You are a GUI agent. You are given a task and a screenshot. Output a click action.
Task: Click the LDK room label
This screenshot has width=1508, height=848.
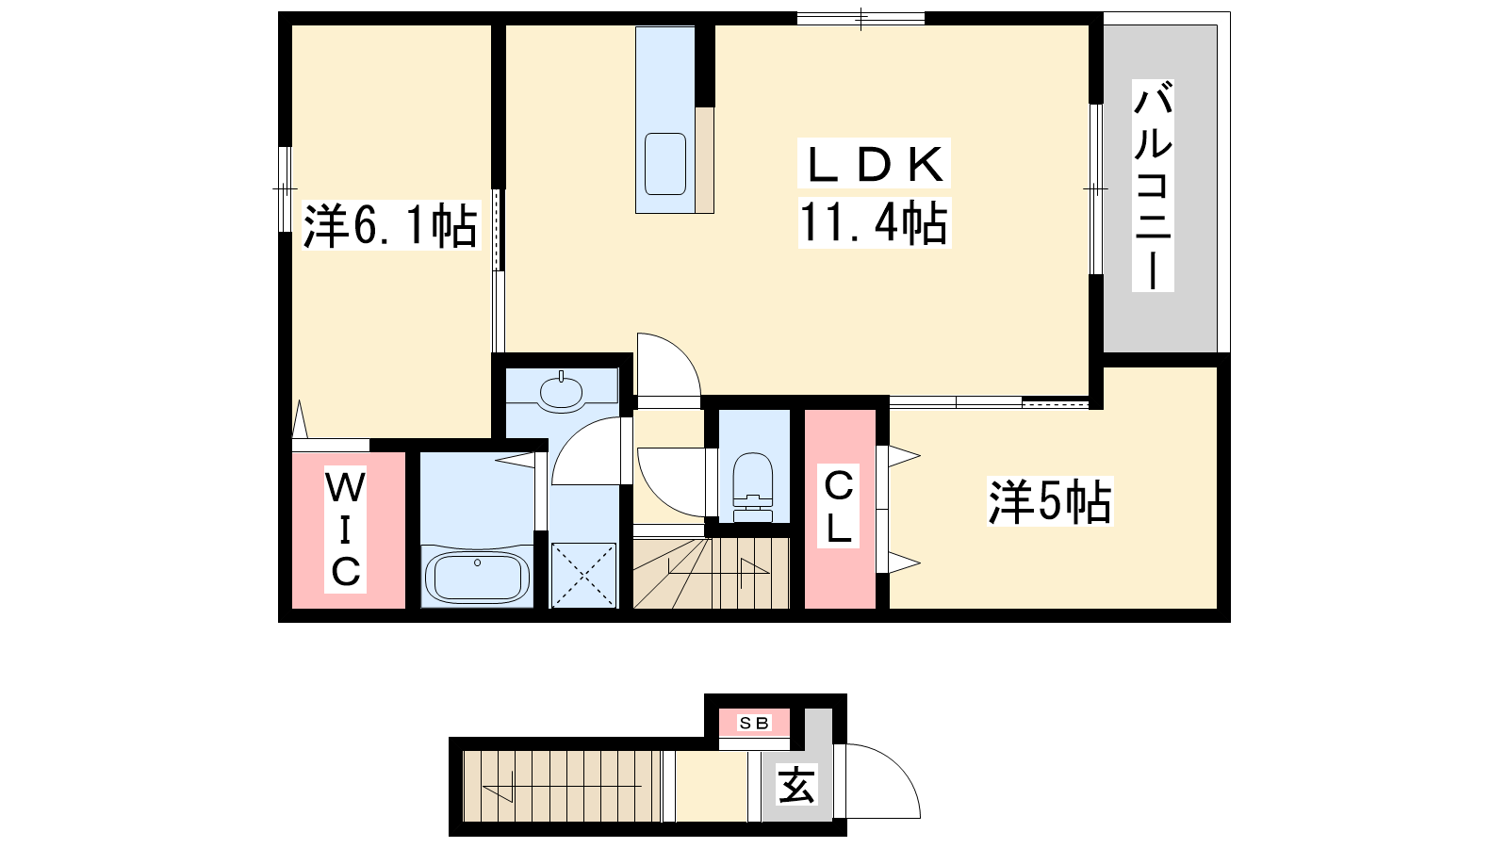coord(874,164)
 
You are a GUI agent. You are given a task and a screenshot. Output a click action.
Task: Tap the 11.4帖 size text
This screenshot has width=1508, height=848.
coord(874,222)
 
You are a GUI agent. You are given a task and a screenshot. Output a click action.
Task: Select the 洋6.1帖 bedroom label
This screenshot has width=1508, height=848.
coord(391,225)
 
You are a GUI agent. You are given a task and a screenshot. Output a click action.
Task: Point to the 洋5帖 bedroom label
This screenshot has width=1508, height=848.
coord(1050,501)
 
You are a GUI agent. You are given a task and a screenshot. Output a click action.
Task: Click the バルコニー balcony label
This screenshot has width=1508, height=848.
coord(1153,186)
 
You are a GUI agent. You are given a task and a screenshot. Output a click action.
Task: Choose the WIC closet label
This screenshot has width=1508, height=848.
coord(345,529)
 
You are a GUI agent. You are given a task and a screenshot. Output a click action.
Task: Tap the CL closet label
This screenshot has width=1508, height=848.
coord(838,506)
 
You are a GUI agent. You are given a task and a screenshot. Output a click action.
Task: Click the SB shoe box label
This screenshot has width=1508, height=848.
coord(754,724)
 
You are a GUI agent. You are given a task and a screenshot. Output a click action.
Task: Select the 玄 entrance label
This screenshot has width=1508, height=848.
coord(796,786)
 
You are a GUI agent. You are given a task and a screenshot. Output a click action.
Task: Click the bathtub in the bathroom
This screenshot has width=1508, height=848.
coord(477,577)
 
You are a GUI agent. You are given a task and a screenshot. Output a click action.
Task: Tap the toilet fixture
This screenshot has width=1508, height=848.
coord(753,487)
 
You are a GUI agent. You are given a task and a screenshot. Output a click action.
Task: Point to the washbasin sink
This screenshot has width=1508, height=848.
coord(561,391)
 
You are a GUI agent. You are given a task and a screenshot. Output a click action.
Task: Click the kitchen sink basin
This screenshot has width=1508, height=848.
coord(665,164)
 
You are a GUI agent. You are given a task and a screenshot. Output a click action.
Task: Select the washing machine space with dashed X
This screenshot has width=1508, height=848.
coord(583,576)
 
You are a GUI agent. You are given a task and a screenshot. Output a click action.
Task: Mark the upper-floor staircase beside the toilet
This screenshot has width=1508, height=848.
coord(711,573)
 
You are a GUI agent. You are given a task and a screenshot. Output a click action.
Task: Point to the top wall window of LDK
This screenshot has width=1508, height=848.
coord(861,18)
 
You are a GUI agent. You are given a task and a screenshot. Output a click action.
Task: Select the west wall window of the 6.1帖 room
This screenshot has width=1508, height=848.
coord(285,189)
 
